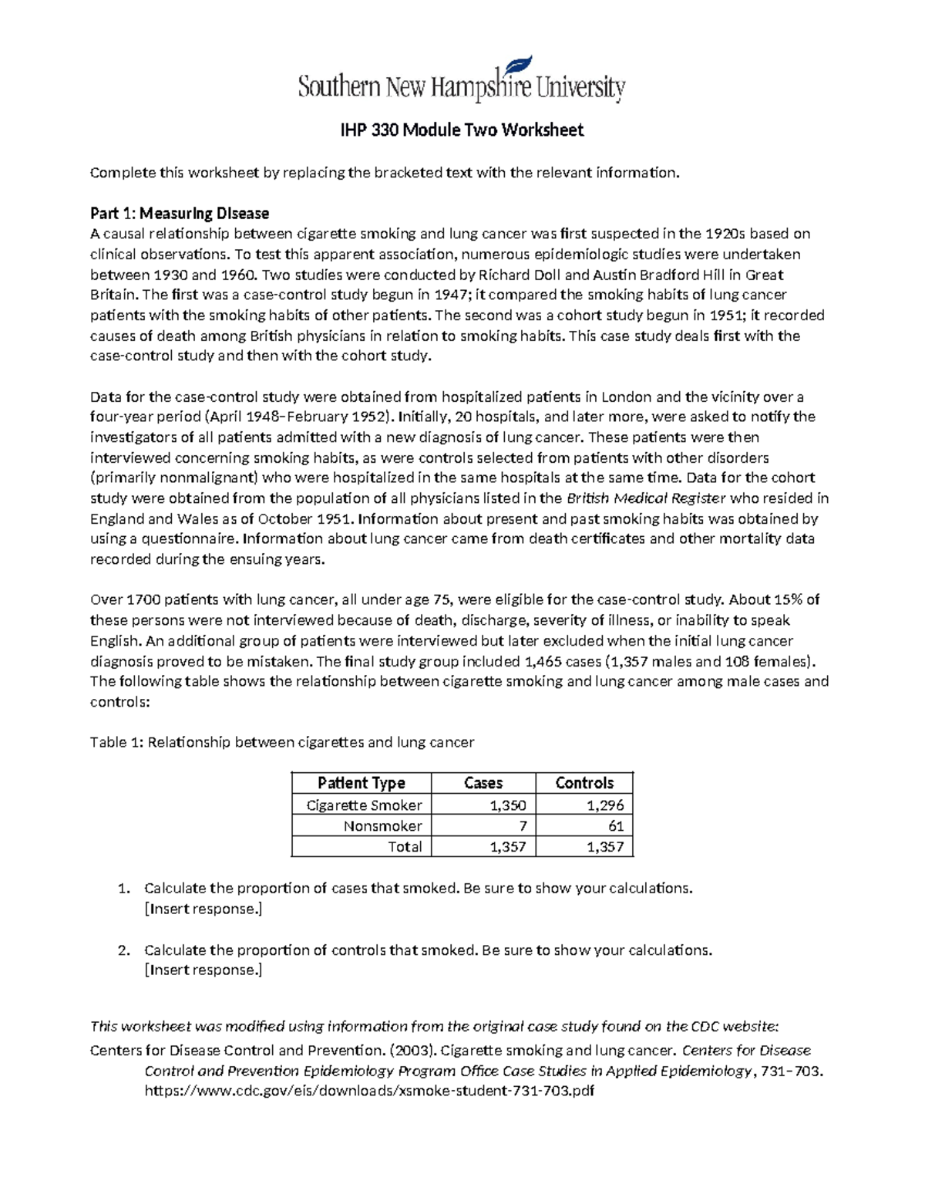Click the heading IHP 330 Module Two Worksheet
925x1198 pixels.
click(462, 130)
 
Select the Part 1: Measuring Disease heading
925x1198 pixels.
click(180, 213)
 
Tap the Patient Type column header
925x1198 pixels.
click(361, 783)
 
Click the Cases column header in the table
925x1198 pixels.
click(483, 783)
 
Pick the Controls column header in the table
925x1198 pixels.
click(584, 783)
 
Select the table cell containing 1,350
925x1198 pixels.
click(507, 805)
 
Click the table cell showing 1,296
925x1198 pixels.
click(604, 805)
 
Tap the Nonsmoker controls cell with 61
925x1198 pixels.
click(615, 826)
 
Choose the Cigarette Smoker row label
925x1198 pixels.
click(364, 805)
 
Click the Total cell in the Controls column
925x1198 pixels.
click(604, 847)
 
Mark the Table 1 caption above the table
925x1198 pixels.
click(282, 743)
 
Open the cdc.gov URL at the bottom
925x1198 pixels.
click(369, 1092)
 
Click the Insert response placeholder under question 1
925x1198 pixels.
click(203, 909)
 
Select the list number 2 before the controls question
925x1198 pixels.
click(123, 950)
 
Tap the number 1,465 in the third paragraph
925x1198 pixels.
click(543, 661)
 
